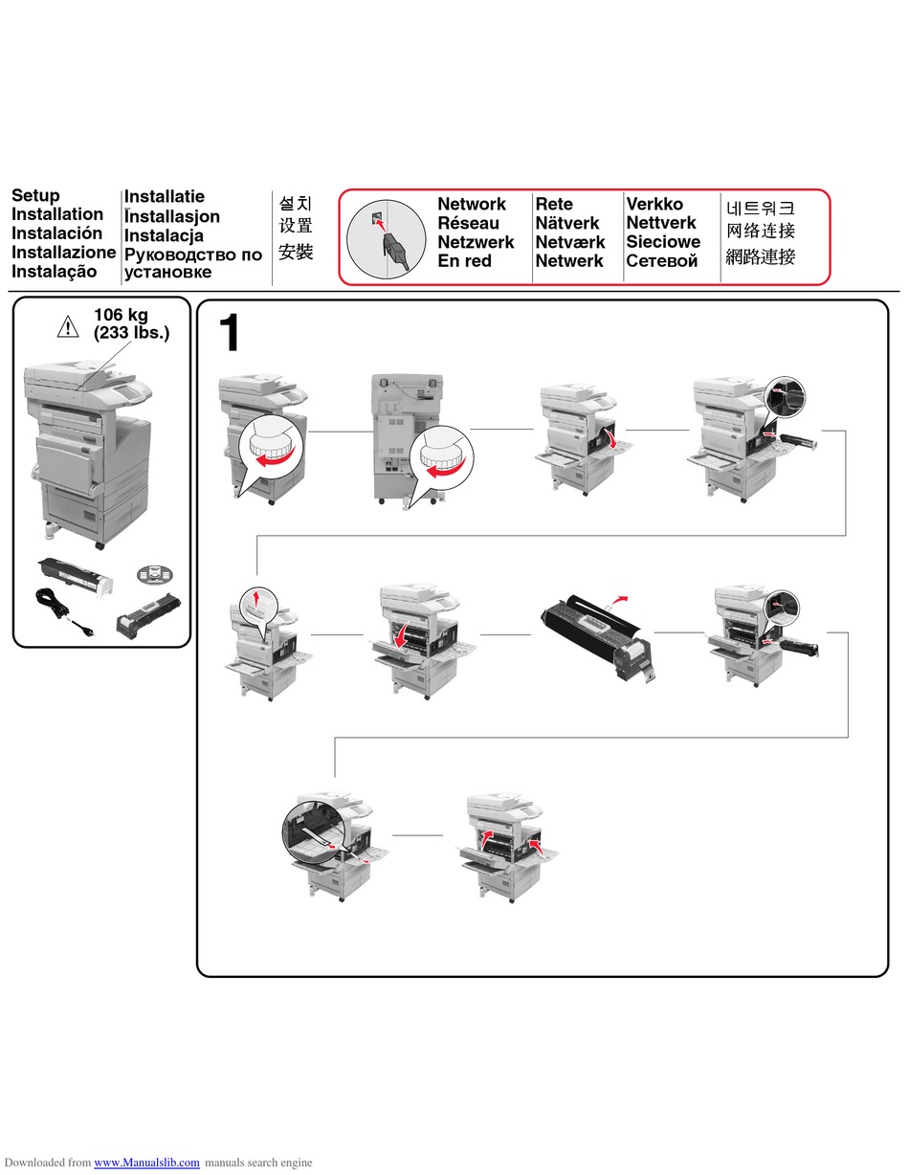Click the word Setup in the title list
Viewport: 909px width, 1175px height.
click(x=35, y=195)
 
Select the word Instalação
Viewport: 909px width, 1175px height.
click(x=55, y=271)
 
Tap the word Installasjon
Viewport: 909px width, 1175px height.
click(x=172, y=216)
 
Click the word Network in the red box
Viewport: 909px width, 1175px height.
click(x=471, y=204)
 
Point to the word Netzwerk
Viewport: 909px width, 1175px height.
click(x=476, y=242)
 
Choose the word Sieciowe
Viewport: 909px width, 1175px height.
click(x=663, y=242)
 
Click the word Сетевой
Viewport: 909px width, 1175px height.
click(x=662, y=260)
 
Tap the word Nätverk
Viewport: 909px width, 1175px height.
click(x=567, y=223)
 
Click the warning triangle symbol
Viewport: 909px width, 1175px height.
click(x=68, y=326)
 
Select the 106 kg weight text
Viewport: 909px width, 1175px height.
click(x=121, y=314)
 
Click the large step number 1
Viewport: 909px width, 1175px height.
click(x=230, y=333)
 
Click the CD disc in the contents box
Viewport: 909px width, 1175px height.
click(x=155, y=573)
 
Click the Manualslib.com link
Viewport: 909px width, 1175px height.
click(x=146, y=1163)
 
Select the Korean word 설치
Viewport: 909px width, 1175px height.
click(x=296, y=203)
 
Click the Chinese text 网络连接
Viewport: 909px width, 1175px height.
click(x=761, y=231)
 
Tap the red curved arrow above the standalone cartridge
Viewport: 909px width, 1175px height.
click(x=619, y=600)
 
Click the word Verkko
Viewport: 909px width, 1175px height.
click(x=654, y=204)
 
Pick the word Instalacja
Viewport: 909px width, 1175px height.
click(x=164, y=235)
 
